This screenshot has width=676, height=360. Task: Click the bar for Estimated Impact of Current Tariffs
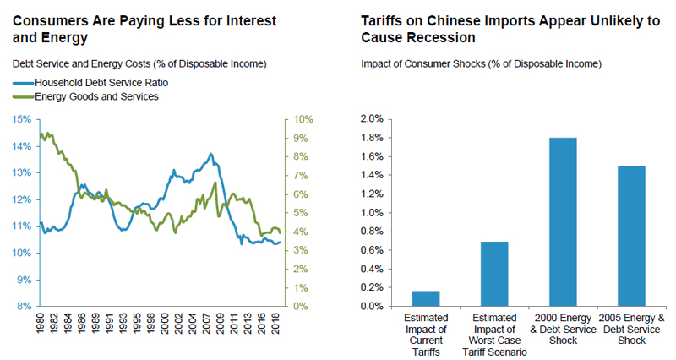(427, 298)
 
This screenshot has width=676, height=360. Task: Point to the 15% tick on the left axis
(23, 119)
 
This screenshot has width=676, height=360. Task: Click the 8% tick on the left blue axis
(25, 306)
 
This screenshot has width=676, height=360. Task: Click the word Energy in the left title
(61, 38)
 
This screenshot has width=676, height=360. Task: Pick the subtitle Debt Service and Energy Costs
(139, 63)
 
